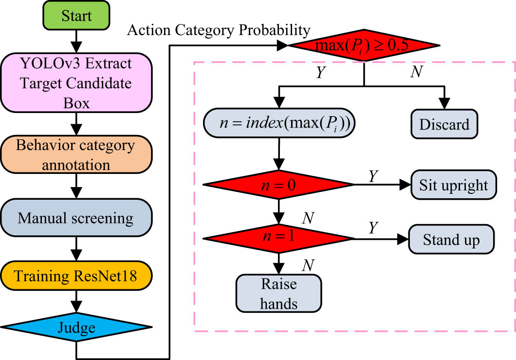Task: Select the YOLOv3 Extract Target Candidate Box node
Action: (75, 83)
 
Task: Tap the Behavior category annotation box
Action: (75, 154)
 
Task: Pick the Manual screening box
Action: (75, 217)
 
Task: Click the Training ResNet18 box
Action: (75, 276)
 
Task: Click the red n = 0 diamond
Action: (278, 185)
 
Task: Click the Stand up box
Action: (452, 239)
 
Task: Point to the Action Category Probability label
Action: (219, 30)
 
